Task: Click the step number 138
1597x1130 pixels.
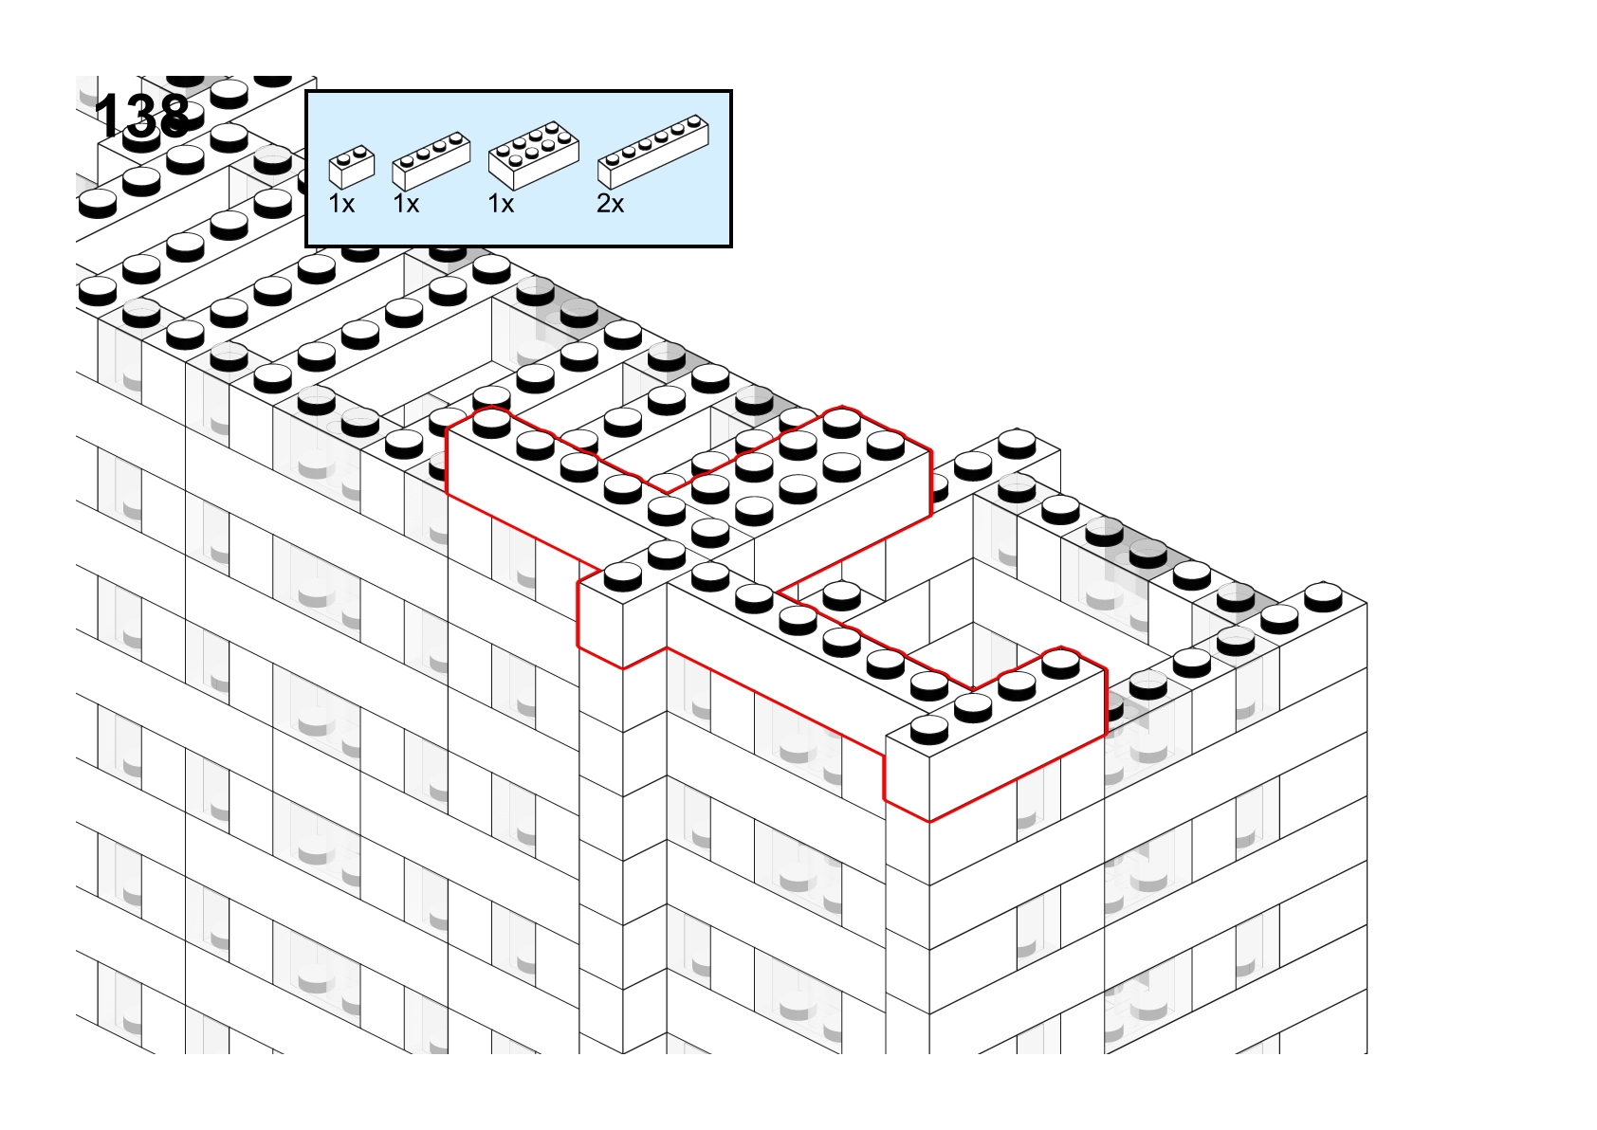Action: click(142, 116)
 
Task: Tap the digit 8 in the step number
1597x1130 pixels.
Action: click(174, 116)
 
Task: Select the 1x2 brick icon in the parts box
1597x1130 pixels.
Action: click(351, 167)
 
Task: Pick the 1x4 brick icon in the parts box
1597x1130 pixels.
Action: click(431, 161)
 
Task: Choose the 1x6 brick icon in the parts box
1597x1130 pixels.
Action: click(652, 152)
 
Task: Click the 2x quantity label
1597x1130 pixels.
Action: click(610, 205)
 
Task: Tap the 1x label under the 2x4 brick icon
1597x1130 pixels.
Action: click(501, 205)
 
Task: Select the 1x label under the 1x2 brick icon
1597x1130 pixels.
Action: click(341, 205)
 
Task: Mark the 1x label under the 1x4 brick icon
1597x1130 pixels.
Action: click(406, 205)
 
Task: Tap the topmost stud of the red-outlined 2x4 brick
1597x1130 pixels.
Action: click(842, 422)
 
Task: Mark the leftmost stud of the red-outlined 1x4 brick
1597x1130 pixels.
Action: click(929, 728)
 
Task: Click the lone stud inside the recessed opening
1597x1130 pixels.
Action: click(842, 595)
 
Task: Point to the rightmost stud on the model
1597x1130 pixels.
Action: click(1323, 596)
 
